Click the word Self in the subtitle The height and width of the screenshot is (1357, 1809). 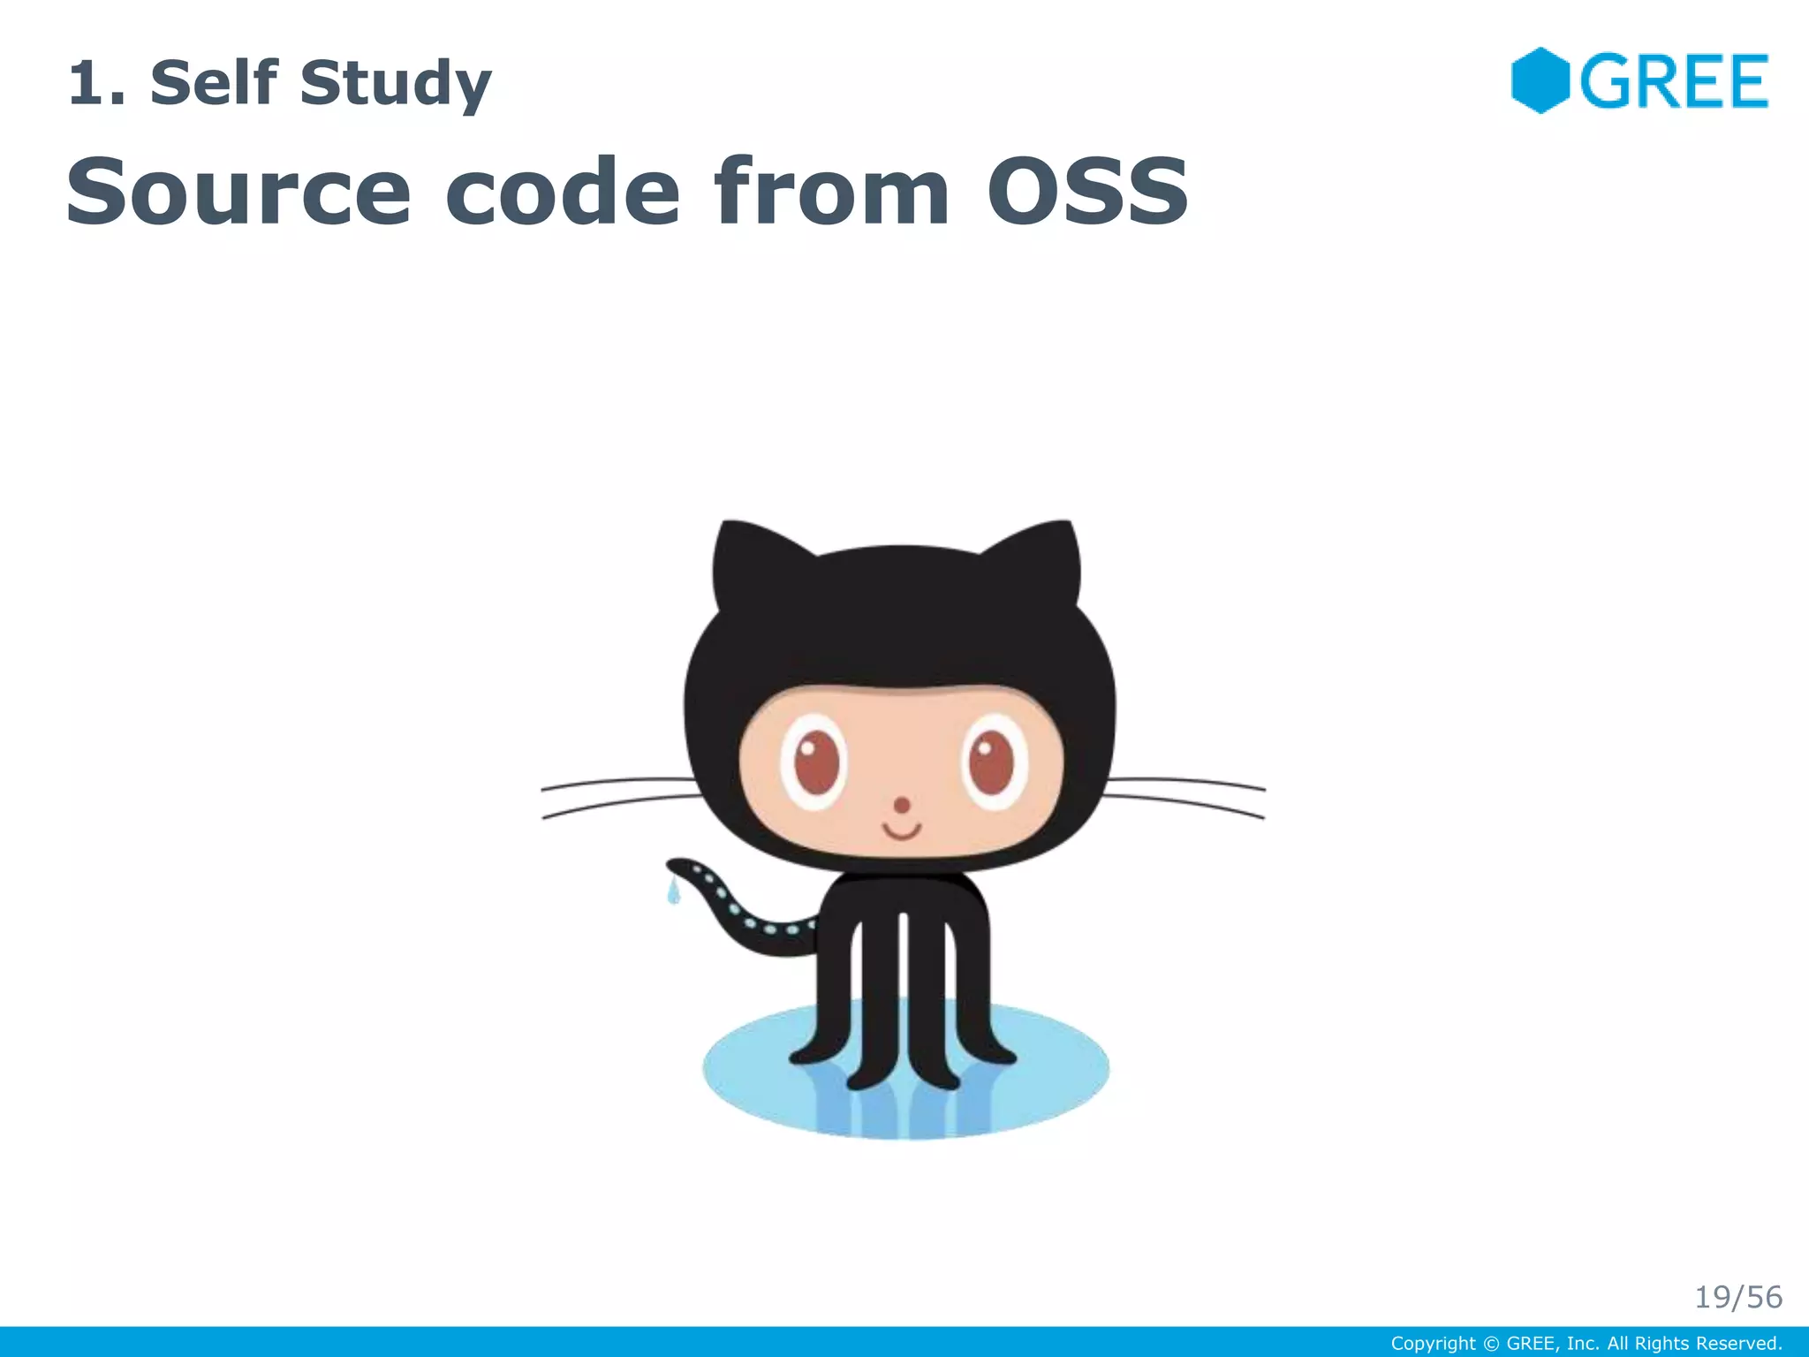(x=214, y=82)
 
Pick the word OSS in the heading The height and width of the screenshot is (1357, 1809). (x=1087, y=191)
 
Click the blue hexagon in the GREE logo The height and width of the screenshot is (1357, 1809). (x=1540, y=80)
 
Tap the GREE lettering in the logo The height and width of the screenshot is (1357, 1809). (x=1674, y=81)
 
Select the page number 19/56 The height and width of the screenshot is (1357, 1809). (x=1737, y=1297)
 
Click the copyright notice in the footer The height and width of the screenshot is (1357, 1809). (x=1586, y=1344)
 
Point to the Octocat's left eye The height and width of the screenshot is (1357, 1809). (x=815, y=762)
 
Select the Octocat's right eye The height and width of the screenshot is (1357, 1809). (x=993, y=762)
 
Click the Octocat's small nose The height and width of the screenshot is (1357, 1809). (x=902, y=805)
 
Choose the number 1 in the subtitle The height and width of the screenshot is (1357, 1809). (x=85, y=82)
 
